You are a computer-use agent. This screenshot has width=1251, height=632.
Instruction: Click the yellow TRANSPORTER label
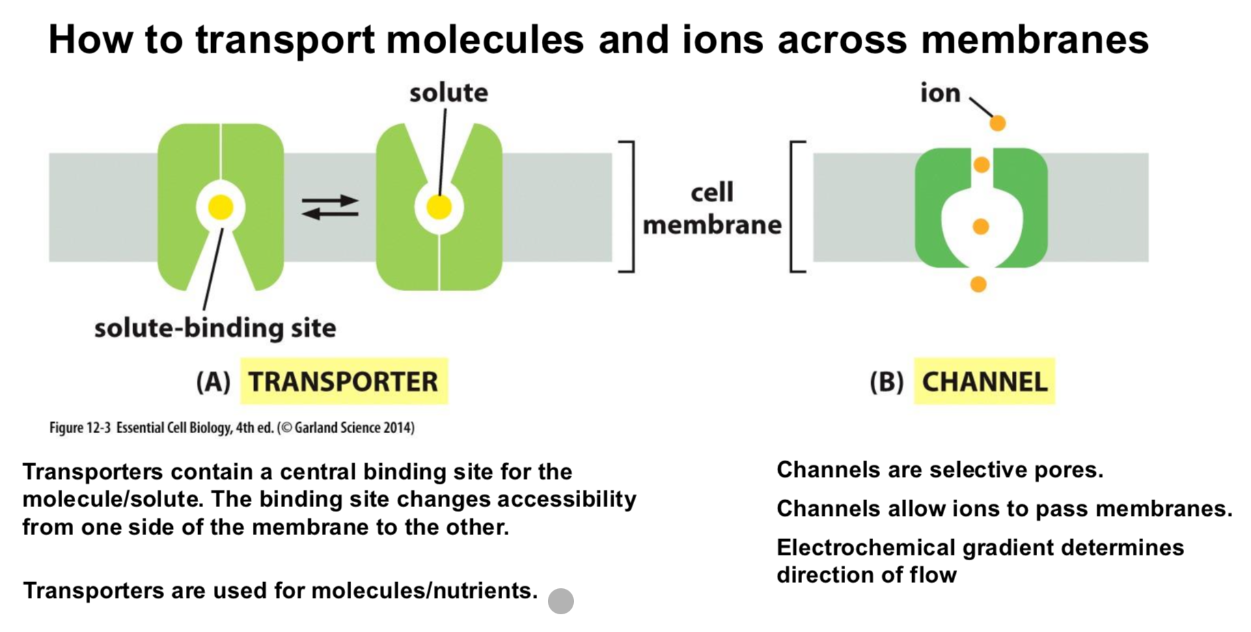[344, 381]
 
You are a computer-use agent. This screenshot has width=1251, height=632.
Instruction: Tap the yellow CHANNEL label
[985, 381]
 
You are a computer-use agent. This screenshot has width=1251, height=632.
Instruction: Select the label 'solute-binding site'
[215, 329]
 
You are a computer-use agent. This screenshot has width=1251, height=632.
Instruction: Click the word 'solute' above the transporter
[449, 93]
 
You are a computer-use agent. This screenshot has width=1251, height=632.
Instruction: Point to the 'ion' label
[940, 92]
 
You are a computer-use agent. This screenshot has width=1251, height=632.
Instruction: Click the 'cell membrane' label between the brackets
[712, 208]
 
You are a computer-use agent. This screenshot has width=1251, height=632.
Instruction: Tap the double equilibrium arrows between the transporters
[330, 207]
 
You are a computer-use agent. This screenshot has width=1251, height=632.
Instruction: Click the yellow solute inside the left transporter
[221, 207]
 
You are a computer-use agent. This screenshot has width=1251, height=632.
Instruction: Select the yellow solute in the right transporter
[439, 206]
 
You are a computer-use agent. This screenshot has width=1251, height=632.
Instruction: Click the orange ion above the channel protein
[998, 123]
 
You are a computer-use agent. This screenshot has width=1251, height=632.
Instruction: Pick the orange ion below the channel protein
[978, 284]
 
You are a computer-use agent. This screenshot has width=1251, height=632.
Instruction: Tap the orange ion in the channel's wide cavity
[980, 226]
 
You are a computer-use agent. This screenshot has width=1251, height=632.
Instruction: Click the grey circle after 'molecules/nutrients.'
[561, 601]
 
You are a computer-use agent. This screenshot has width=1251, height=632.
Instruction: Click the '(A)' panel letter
[213, 382]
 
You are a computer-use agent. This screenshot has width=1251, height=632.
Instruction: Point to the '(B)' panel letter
[887, 382]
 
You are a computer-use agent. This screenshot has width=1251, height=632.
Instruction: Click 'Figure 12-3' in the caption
[80, 428]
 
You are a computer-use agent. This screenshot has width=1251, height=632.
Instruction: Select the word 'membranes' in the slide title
[1034, 39]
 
